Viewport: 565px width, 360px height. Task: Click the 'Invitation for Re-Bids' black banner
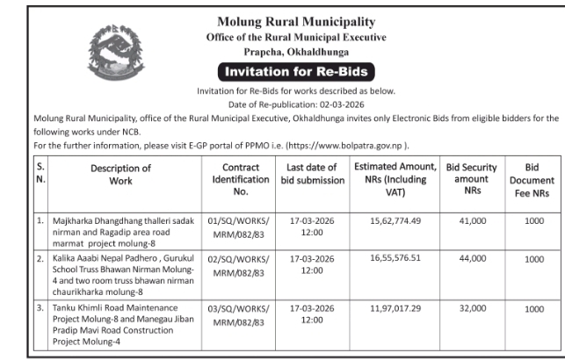294,71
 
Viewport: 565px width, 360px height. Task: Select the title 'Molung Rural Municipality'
294,21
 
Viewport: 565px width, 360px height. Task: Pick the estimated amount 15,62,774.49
395,223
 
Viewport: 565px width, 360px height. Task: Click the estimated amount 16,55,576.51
395,260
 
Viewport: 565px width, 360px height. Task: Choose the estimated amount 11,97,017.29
395,309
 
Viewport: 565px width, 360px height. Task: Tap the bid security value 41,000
473,223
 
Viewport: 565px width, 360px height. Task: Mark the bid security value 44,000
473,260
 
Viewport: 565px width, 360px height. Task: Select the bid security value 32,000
473,309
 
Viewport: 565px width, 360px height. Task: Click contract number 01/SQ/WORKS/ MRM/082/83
241,229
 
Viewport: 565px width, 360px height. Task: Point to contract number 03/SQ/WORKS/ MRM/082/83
241,315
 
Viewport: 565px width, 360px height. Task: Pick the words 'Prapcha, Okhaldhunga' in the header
294,52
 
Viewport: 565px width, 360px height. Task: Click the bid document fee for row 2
534,260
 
